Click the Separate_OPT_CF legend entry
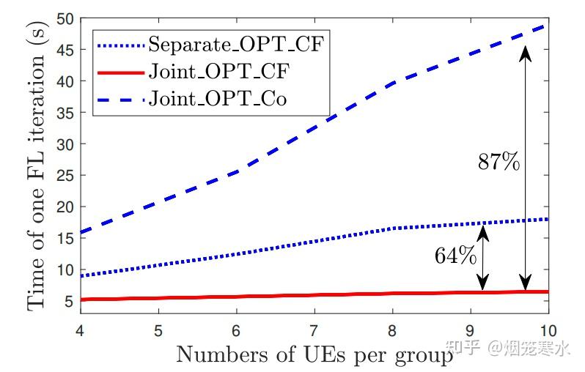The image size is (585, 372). coord(235,44)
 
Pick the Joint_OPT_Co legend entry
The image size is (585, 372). coord(217,98)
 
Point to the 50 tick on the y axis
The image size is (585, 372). coord(67,18)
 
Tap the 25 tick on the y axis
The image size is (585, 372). coord(67,176)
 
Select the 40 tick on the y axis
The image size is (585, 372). coord(67,81)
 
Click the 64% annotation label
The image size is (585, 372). coord(456,257)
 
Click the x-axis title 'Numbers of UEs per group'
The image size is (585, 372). coord(314,354)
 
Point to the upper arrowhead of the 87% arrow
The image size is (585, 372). coord(525,51)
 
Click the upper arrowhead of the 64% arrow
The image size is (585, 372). coord(482,229)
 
